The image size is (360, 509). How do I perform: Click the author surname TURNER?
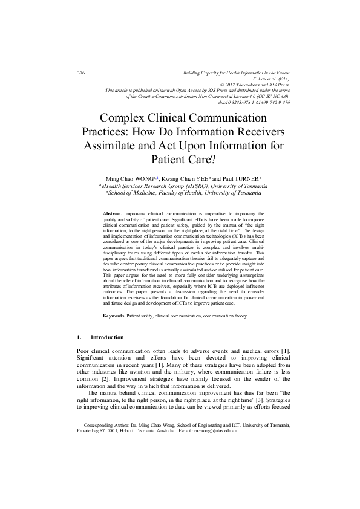tap(240, 180)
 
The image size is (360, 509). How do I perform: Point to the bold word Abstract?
tap(113, 213)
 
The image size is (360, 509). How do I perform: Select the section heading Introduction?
tap(107, 337)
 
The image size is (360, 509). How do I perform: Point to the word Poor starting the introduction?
tap(85, 351)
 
